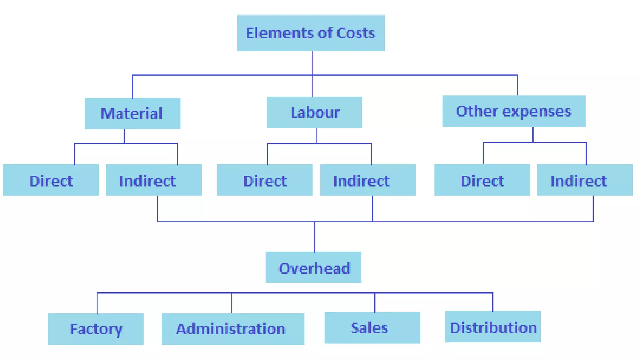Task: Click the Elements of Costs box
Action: point(311,33)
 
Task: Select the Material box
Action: point(132,113)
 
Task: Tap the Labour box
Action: point(314,112)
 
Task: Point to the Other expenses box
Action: point(514,111)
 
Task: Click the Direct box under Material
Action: point(51,180)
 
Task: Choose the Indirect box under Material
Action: point(153,180)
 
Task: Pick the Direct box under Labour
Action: point(265,180)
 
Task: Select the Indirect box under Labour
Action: point(367,180)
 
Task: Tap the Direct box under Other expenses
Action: point(482,180)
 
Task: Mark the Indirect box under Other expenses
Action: point(585,180)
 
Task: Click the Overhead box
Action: point(313,267)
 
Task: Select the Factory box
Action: point(96,329)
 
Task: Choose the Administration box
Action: point(233,329)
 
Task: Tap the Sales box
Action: point(372,328)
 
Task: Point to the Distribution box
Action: point(492,327)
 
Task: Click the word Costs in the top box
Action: point(356,33)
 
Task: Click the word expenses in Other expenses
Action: point(537,112)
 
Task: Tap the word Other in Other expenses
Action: point(477,111)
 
